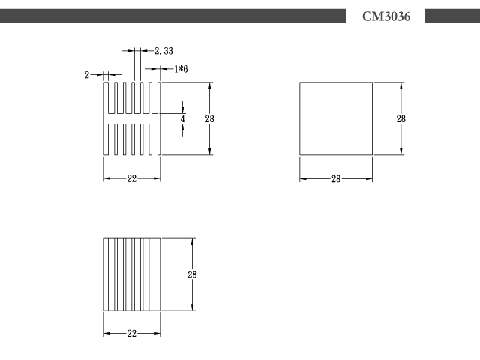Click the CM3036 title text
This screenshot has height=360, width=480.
[x=386, y=16]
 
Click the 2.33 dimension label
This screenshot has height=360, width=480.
[x=163, y=51]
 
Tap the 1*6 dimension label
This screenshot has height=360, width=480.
[x=181, y=69]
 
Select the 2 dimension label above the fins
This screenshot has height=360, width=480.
[x=87, y=75]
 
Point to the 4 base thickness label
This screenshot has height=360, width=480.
[x=183, y=118]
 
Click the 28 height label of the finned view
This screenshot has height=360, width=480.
[x=210, y=118]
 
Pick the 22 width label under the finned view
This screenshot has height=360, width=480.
[x=132, y=178]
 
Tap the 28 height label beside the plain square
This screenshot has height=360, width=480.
[x=401, y=118]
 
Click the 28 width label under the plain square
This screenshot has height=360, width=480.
[x=336, y=179]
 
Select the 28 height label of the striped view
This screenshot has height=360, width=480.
[x=192, y=274]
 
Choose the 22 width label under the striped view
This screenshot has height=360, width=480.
[x=132, y=333]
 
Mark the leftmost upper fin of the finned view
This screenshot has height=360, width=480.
[x=106, y=97]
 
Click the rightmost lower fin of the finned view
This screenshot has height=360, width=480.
[x=159, y=139]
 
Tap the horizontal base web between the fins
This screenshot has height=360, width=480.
[x=133, y=118]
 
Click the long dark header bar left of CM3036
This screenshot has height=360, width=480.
[x=173, y=16]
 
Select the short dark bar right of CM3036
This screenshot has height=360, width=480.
[x=452, y=16]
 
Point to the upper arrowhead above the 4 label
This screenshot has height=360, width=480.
[x=183, y=109]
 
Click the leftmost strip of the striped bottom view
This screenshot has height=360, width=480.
[x=106, y=274]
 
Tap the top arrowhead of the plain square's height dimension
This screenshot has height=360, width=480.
[x=401, y=85]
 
